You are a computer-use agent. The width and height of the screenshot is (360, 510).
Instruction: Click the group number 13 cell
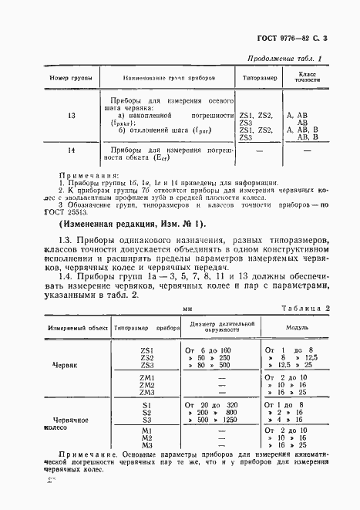(x=50, y=116)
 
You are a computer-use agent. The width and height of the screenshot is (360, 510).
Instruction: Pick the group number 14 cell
(x=50, y=150)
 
